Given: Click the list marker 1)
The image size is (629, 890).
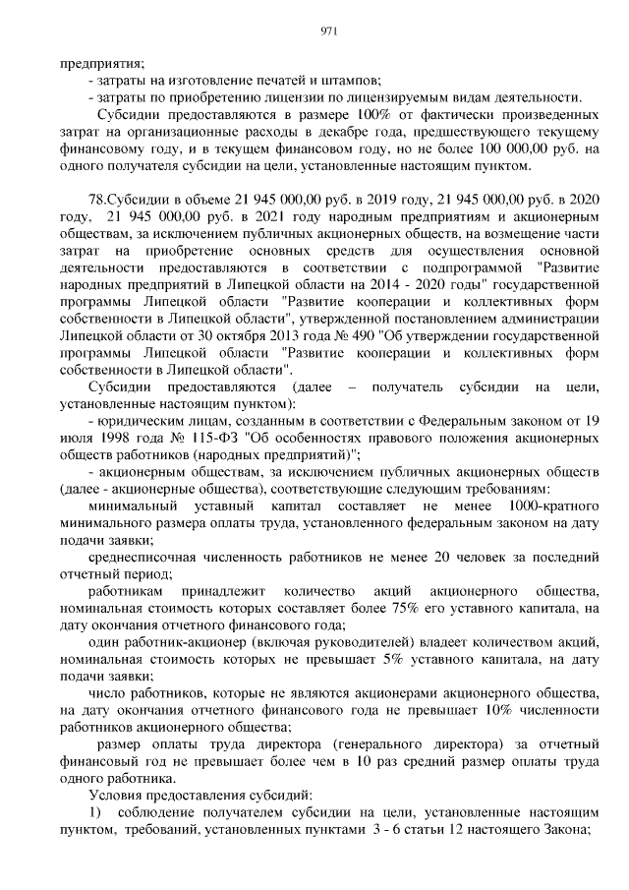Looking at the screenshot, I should [95, 812].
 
